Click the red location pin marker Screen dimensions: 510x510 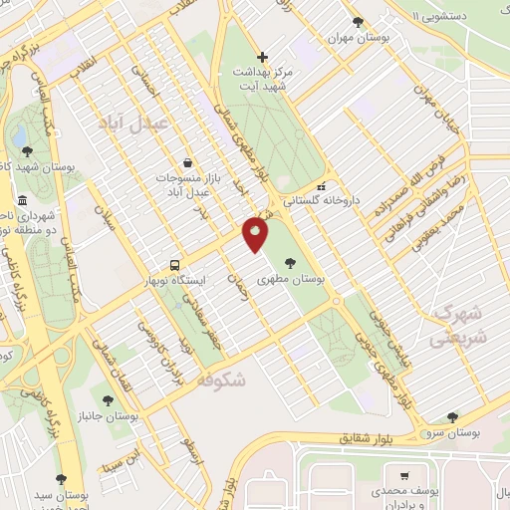coord(256,235)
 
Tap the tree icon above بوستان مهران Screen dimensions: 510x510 coord(358,21)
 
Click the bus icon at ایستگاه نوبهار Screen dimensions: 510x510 coord(175,265)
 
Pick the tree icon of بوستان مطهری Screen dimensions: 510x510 coord(289,263)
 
